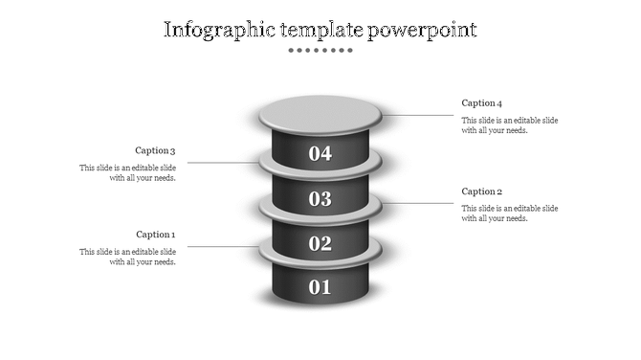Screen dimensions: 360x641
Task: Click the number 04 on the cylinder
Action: [x=320, y=153]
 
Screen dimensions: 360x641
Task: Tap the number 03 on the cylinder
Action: [x=320, y=199]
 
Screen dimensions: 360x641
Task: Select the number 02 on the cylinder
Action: [x=320, y=243]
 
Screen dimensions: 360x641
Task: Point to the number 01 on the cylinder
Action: [x=320, y=286]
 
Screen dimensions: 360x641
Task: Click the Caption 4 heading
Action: [x=482, y=102]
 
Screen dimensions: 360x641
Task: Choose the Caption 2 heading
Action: [x=482, y=191]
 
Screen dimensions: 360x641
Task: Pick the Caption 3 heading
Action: [x=155, y=150]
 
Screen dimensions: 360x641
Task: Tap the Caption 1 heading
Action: [x=155, y=235]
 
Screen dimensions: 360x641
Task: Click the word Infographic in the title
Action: [x=211, y=30]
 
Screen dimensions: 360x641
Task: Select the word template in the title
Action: [x=315, y=30]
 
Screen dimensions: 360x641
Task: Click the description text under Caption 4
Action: [x=510, y=125]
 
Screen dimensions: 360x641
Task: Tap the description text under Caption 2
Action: [x=510, y=214]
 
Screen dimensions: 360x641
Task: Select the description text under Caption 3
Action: [x=127, y=172]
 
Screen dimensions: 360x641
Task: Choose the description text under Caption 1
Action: [x=127, y=257]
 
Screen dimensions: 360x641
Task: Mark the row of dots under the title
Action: [x=320, y=50]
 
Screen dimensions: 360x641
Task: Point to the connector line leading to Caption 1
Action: [x=220, y=247]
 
